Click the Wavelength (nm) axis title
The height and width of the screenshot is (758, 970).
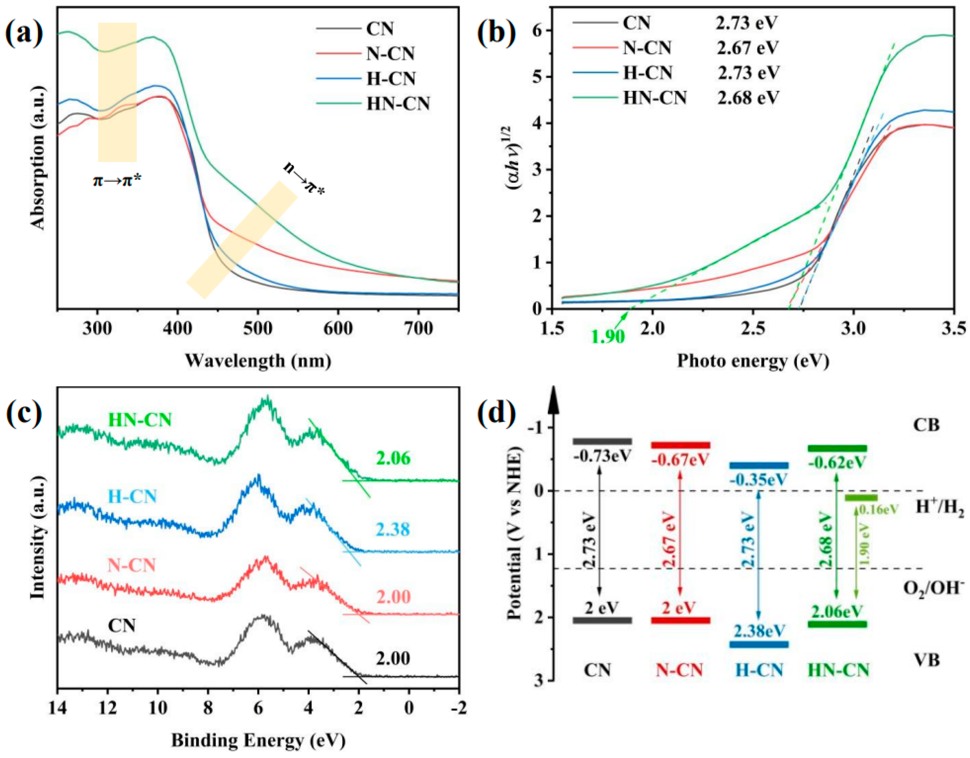tap(258, 360)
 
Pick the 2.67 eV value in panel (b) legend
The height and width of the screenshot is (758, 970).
tap(748, 47)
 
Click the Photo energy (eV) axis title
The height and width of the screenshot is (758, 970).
tap(753, 360)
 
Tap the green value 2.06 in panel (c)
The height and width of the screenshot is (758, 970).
tap(393, 458)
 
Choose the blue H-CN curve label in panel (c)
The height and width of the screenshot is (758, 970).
tap(133, 496)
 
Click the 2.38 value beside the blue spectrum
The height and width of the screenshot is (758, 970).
tap(393, 530)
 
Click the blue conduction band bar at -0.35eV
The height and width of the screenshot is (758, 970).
tap(759, 466)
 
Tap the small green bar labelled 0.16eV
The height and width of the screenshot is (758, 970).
tap(861, 497)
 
